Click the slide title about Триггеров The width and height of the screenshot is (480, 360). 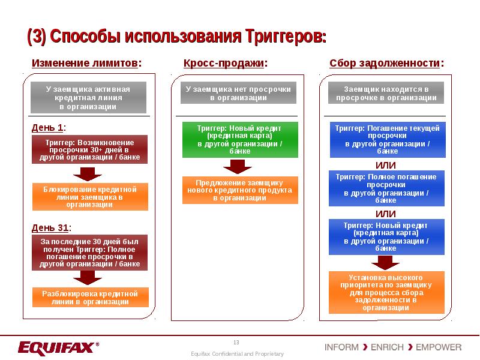177,36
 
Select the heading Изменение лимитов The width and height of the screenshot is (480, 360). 88,63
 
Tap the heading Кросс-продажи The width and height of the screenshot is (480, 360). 225,63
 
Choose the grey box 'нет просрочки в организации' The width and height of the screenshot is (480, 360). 238,93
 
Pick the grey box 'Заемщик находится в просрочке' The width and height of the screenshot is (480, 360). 386,93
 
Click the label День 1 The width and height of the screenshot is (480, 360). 49,127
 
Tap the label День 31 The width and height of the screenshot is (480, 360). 51,227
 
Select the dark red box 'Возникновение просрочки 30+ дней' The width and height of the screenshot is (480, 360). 89,149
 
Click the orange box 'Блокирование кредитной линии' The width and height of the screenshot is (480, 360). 89,196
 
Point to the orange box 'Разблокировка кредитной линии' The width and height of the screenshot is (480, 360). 89,298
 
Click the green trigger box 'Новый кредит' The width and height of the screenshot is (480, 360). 239,140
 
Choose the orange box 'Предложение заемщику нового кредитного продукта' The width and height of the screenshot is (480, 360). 239,190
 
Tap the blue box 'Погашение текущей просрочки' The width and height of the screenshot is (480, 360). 387,140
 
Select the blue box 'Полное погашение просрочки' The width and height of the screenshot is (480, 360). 387,188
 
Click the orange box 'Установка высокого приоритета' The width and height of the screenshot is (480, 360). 387,292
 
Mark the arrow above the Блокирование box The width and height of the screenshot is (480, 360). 89,173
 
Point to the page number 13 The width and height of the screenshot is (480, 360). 236,342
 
